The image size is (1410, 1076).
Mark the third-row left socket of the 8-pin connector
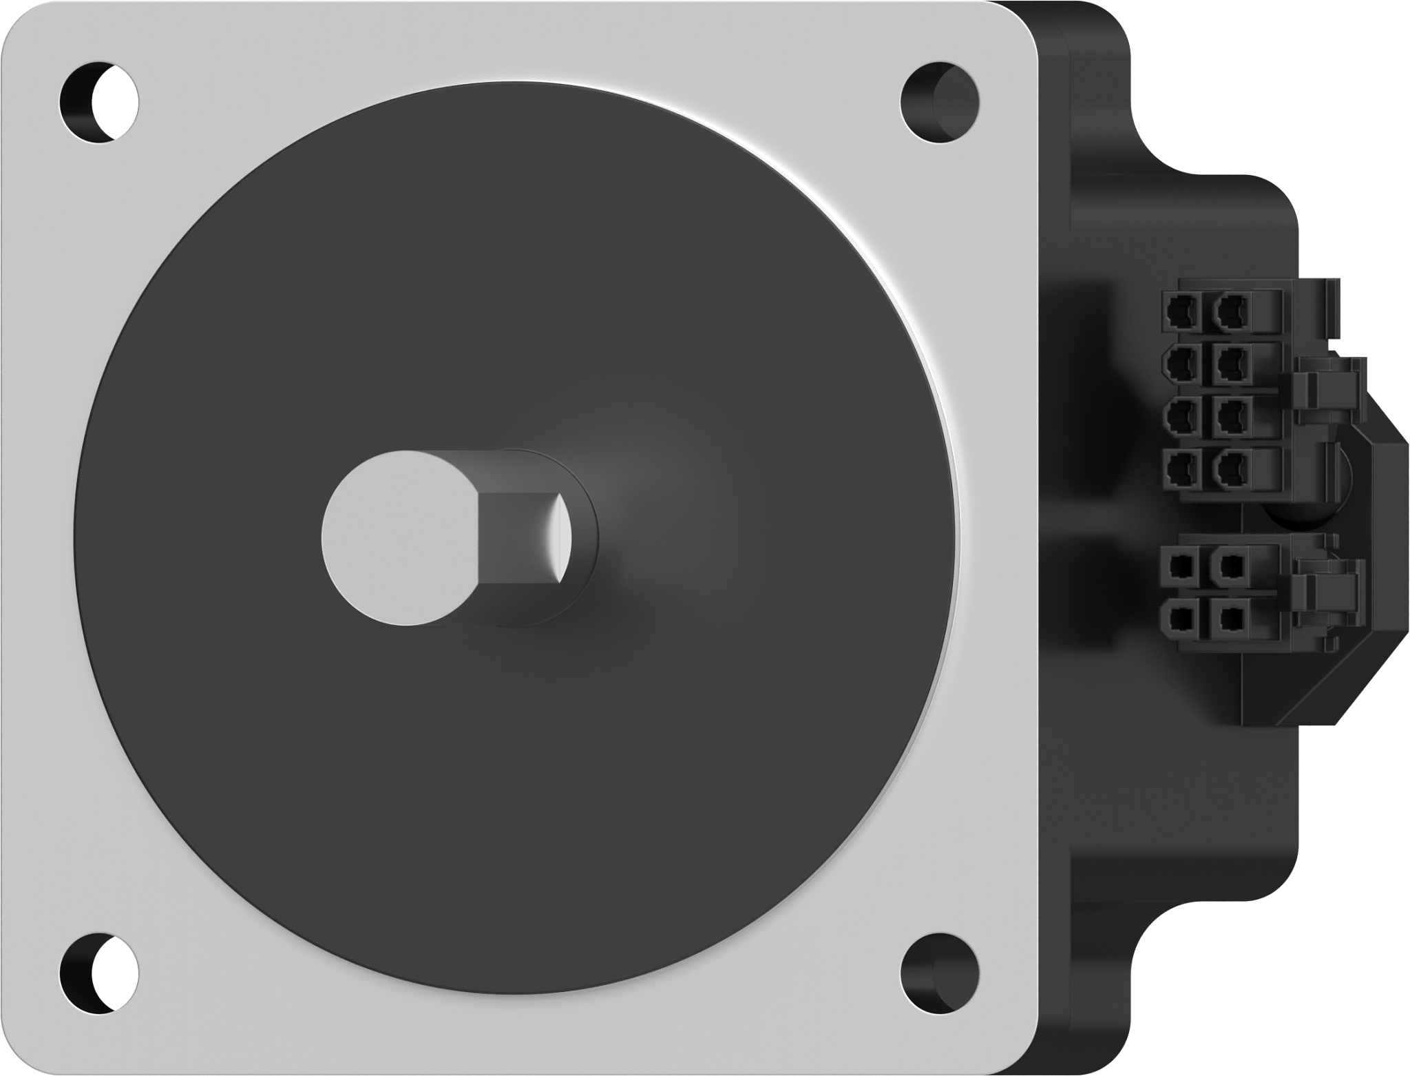tap(1181, 417)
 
